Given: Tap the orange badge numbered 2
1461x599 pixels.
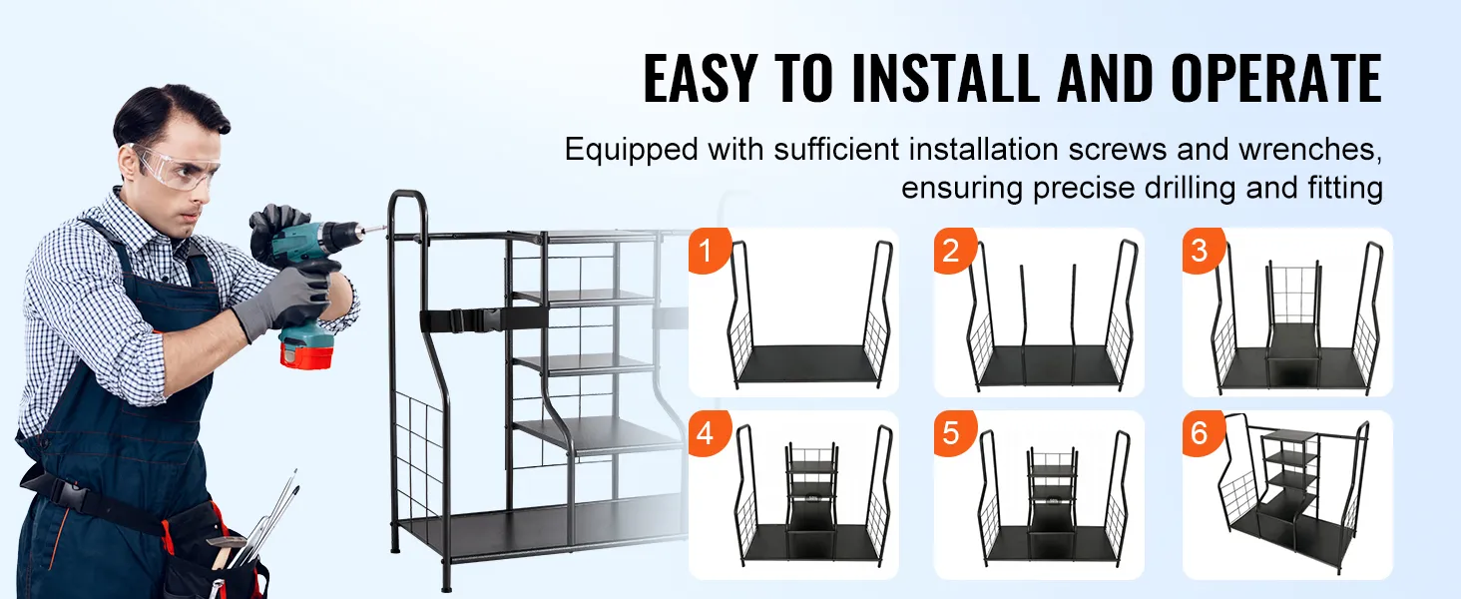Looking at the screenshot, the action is (954, 250).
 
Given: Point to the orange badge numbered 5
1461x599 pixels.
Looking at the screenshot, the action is (954, 432).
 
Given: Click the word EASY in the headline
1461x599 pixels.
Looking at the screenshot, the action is (701, 78).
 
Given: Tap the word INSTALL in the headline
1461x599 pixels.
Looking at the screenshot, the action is (946, 78).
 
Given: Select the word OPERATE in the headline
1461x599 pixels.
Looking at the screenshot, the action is (1275, 78).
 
